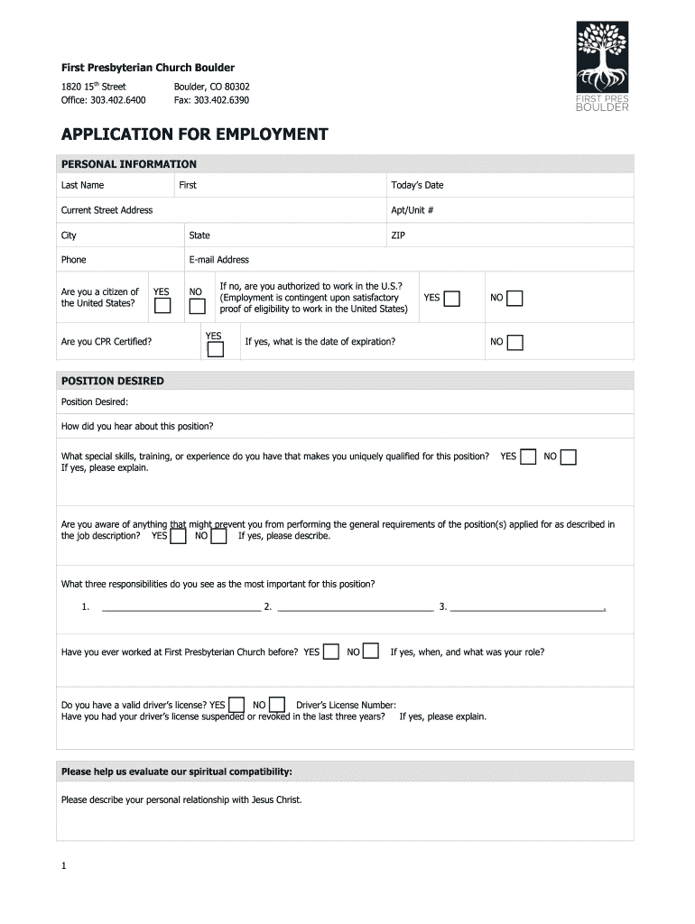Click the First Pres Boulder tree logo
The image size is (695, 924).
[x=602, y=67]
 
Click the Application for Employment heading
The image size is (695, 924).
[x=194, y=134]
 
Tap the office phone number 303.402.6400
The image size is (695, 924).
[x=118, y=100]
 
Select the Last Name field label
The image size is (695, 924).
[x=82, y=185]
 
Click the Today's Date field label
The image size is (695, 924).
[x=417, y=185]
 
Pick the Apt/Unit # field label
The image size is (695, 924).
[x=412, y=210]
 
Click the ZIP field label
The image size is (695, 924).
[x=398, y=236]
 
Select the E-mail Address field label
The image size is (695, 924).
[x=219, y=260]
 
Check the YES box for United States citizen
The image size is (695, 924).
[x=162, y=306]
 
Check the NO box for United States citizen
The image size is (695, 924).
[x=197, y=306]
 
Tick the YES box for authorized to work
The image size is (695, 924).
[x=451, y=299]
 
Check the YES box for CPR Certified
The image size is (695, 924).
[x=216, y=349]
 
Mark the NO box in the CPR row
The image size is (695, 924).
[x=514, y=342]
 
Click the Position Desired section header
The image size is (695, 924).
[x=113, y=381]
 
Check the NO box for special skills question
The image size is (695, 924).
[x=568, y=457]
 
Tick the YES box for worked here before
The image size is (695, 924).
[x=331, y=651]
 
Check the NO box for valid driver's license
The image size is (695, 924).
[x=277, y=705]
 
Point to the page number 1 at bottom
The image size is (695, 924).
[x=64, y=866]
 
